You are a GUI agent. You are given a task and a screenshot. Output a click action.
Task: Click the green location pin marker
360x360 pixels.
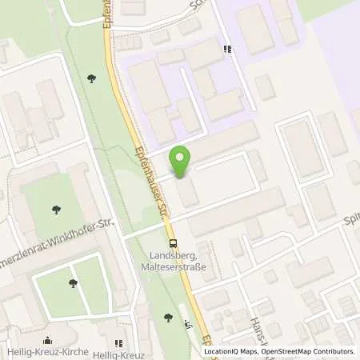click(x=182, y=162)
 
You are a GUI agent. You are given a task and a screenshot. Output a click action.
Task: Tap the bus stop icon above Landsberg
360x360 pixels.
click(x=172, y=245)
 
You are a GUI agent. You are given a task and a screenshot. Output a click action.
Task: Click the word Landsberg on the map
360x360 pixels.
click(x=173, y=256)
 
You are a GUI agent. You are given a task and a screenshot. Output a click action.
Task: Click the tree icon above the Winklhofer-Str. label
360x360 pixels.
click(x=57, y=210)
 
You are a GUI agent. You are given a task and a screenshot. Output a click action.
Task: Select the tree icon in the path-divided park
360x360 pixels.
click(x=73, y=282)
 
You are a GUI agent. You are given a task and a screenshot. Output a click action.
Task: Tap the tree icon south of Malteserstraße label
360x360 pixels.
click(x=168, y=318)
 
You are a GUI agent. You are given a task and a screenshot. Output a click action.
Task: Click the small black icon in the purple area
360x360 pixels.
click(x=229, y=49)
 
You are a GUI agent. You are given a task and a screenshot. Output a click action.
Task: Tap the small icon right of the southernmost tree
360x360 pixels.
click(x=187, y=323)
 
